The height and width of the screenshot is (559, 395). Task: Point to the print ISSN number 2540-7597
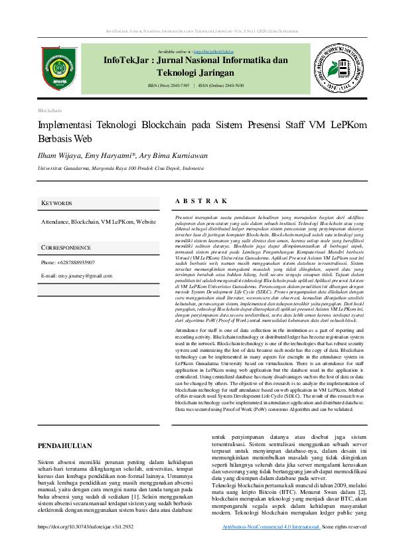coord(181,86)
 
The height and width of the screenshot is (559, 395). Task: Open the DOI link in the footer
coord(86,526)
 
